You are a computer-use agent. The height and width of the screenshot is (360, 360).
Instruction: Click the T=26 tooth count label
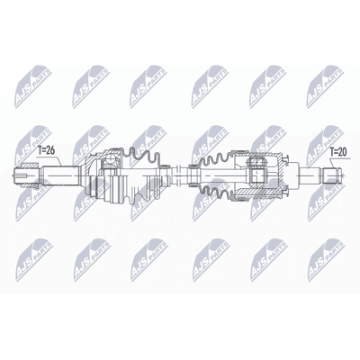tap(47, 150)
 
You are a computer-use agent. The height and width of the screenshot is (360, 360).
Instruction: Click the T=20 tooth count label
tap(338, 152)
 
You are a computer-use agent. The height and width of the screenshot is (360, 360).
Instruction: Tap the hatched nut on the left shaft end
tap(29, 166)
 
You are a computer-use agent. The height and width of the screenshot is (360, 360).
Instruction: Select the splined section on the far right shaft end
tap(331, 175)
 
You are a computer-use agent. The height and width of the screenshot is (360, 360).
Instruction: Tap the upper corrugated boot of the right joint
tap(215, 159)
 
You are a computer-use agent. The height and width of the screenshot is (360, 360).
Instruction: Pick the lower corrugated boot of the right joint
tap(216, 193)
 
